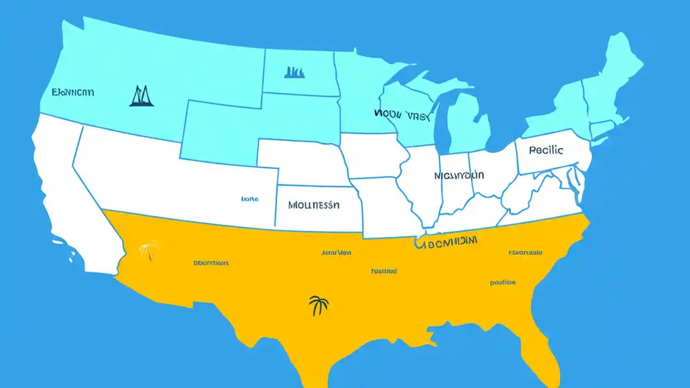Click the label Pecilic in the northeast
(546, 150)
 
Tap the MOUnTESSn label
(314, 205)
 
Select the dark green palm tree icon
(319, 306)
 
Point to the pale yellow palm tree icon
(149, 250)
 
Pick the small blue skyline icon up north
(294, 72)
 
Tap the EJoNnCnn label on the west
(73, 92)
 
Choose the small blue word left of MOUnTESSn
(250, 199)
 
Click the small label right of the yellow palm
(210, 263)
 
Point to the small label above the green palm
(336, 252)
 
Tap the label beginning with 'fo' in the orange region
(384, 271)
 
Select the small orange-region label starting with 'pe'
(502, 282)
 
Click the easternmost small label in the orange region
(525, 252)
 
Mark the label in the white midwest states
(459, 176)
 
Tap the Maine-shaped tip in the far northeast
(620, 59)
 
